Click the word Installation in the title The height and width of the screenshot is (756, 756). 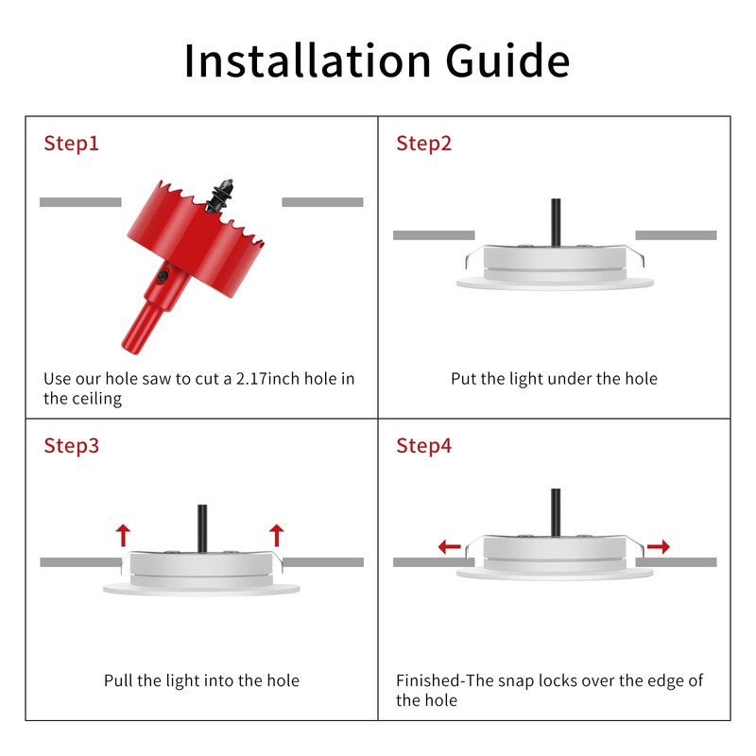point(308,60)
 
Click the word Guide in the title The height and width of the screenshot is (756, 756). point(507,60)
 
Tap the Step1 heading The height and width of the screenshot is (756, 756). point(72,144)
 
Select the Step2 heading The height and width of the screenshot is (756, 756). point(423,144)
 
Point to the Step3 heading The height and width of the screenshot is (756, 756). point(72,446)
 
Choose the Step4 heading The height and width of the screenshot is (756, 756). point(423,446)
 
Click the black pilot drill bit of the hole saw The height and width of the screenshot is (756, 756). point(221,196)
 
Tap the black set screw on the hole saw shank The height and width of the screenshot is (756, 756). point(163,276)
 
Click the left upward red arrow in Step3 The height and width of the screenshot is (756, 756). point(123,536)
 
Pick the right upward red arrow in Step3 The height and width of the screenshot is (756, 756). point(276,536)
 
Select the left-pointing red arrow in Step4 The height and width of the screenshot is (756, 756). point(450,547)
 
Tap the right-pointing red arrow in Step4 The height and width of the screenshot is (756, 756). point(659,547)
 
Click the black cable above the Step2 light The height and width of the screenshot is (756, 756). point(556,222)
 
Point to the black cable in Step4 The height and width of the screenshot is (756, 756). point(556,512)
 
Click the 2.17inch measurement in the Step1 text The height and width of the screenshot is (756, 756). point(267,379)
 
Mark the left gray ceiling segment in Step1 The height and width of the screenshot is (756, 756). point(80,202)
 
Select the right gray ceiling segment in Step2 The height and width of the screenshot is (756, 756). point(676,235)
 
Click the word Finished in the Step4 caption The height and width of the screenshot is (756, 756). point(428,680)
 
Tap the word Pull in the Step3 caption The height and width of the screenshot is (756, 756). point(118,680)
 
